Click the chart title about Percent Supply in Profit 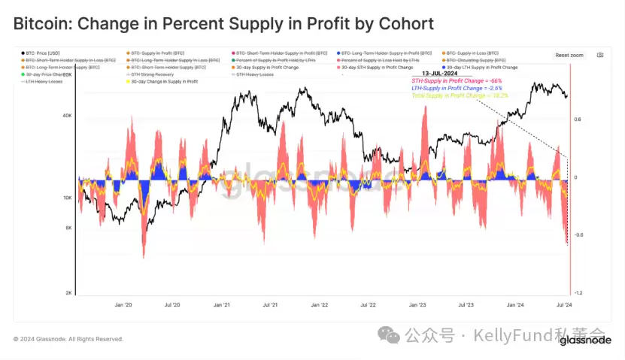pyautogui.click(x=223, y=23)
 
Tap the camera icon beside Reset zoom pyautogui.click(x=600, y=55)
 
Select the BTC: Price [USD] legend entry pyautogui.click(x=43, y=54)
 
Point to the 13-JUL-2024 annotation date pyautogui.click(x=441, y=74)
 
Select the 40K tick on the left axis pyautogui.click(x=67, y=116)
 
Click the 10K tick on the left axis pyautogui.click(x=67, y=198)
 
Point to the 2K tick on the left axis pyautogui.click(x=68, y=293)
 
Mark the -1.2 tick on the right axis pyautogui.click(x=578, y=293)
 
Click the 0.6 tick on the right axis pyautogui.click(x=578, y=119)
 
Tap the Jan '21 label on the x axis pyautogui.click(x=221, y=306)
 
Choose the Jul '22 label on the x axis pyautogui.click(x=368, y=306)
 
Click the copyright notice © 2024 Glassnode pyautogui.click(x=68, y=339)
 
